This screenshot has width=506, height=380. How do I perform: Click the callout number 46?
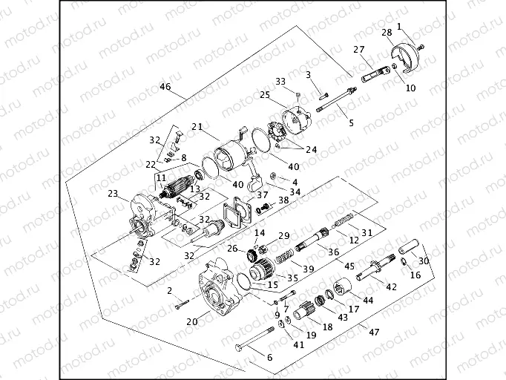[165, 88]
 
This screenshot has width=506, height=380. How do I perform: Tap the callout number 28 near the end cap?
[387, 33]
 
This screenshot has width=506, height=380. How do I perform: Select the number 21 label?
[196, 128]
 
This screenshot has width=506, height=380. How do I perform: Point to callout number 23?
[113, 194]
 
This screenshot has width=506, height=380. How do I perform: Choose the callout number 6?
[269, 358]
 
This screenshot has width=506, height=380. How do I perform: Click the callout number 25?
[264, 94]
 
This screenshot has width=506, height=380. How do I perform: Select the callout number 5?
[351, 122]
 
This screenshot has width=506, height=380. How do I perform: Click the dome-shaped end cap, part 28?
[405, 59]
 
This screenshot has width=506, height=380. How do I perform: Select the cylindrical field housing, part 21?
[226, 159]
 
